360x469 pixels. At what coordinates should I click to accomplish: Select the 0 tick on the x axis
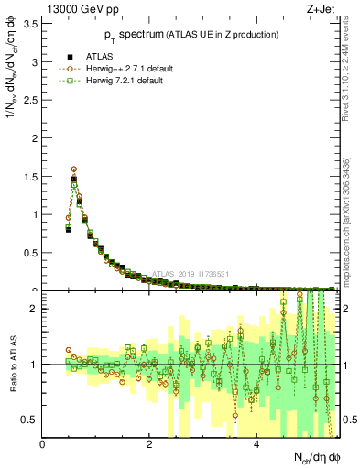pos(42,445)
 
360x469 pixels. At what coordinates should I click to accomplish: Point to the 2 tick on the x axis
pos(149,445)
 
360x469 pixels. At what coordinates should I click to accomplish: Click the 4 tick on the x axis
pos(256,445)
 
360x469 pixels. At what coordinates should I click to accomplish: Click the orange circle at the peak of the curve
pos(74,169)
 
